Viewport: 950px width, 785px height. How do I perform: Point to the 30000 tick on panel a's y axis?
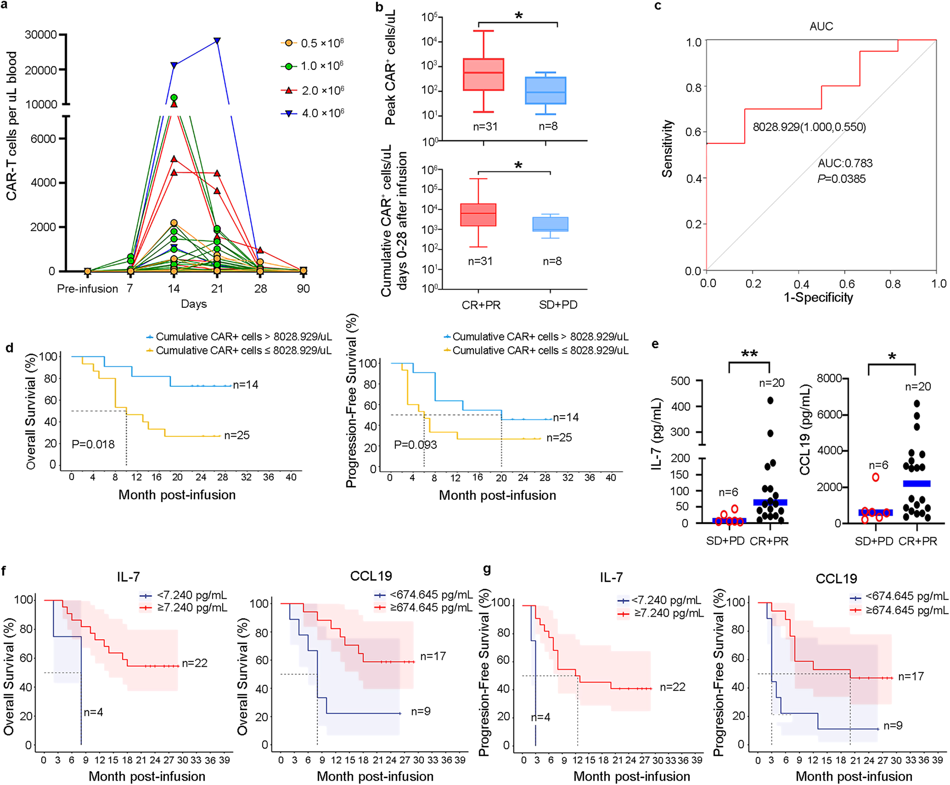pos(41,35)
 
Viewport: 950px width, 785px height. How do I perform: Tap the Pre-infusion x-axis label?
pos(87,289)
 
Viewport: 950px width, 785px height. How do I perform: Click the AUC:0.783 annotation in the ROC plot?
pos(845,164)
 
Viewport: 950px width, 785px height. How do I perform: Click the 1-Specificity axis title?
pos(818,298)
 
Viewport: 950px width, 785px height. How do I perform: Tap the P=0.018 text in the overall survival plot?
pos(93,444)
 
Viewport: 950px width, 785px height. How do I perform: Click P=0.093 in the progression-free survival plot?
pos(415,445)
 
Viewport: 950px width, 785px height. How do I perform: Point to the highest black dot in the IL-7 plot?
pos(770,401)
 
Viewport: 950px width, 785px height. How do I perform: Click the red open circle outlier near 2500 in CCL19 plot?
pos(875,477)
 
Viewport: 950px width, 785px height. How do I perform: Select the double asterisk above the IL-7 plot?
pos(749,355)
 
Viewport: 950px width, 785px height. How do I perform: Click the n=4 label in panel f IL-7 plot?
pos(93,712)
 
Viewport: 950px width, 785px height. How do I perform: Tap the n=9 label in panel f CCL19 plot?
pos(420,711)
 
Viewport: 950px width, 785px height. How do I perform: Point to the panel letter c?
pos(658,6)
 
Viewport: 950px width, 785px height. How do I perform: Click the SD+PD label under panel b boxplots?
pos(558,305)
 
